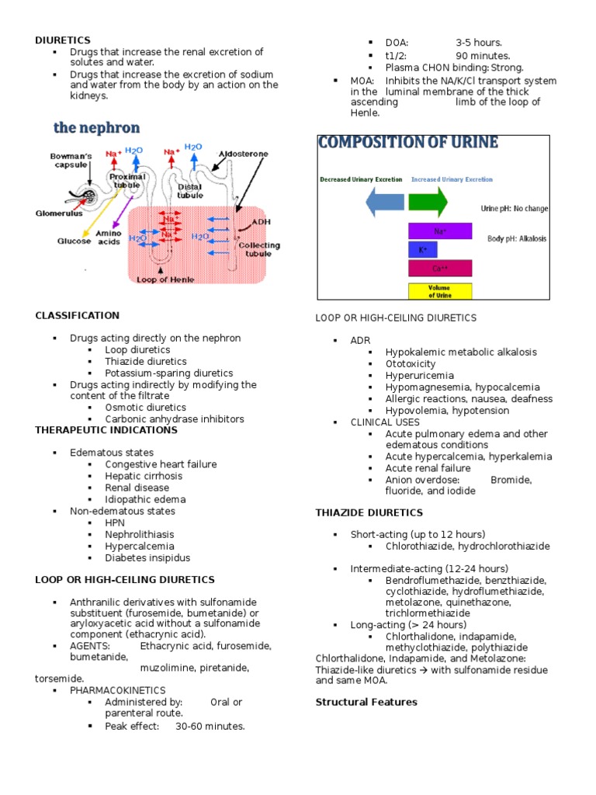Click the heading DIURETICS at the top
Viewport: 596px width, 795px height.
point(63,40)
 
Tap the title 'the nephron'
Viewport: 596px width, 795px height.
point(96,127)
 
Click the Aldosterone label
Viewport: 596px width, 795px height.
point(244,154)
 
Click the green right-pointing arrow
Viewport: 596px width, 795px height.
point(428,202)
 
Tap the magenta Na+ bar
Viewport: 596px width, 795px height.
point(440,231)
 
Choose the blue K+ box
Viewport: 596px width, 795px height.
point(423,250)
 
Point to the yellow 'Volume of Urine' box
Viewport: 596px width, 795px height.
point(440,291)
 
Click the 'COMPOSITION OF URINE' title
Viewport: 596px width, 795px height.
point(408,143)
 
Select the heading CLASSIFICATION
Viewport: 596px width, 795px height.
point(78,315)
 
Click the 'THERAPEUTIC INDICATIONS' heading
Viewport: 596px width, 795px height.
point(106,429)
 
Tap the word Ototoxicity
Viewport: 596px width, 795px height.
point(411,363)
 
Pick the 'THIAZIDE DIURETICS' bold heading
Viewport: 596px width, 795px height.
point(369,512)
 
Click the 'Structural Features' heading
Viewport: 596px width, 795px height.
point(366,702)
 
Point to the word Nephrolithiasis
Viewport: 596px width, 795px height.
point(140,534)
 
